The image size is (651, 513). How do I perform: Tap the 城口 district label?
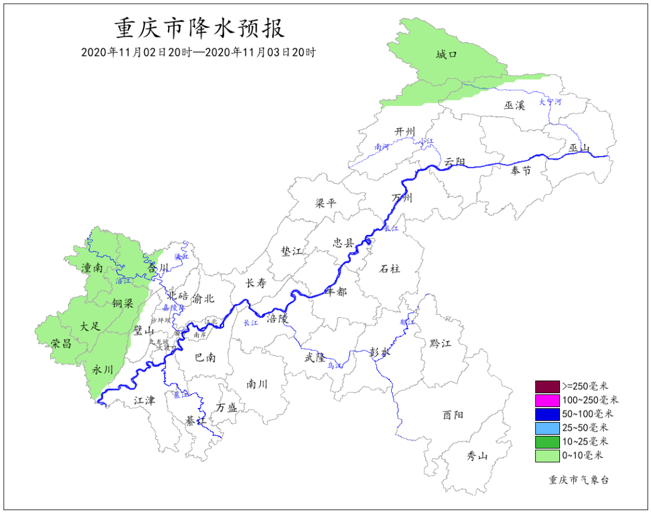(447, 55)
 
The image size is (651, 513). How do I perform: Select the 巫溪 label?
(515, 105)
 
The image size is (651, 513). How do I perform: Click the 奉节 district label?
(521, 171)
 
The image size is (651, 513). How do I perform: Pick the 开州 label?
(405, 132)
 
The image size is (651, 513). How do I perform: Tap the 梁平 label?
(325, 203)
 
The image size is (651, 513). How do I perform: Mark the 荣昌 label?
(61, 344)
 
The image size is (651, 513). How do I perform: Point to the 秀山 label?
(477, 456)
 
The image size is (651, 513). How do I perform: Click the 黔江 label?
(440, 343)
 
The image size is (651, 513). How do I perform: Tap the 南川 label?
(257, 384)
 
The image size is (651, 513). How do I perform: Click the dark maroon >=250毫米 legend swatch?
(547, 386)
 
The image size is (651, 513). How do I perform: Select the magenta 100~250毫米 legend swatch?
(547, 400)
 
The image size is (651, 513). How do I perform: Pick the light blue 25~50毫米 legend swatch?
(547, 428)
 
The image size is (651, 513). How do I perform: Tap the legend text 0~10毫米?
(583, 456)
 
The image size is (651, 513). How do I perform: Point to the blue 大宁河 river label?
(550, 102)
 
